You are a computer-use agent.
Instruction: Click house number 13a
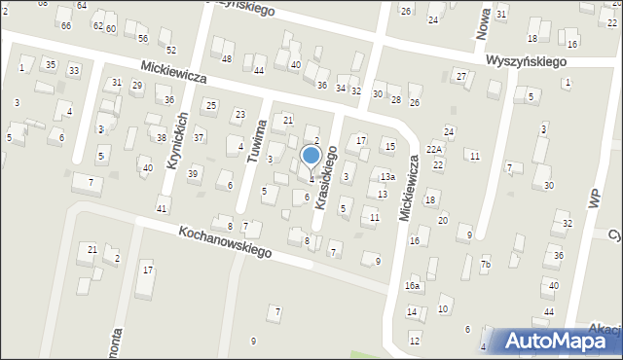[387, 176]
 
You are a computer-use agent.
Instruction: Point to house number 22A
[433, 149]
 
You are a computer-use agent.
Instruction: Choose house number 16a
[413, 286]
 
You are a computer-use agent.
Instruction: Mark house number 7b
[485, 265]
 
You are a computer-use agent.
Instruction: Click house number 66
[65, 25]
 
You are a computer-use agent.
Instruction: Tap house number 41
[163, 209]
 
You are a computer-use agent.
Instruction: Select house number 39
[193, 173]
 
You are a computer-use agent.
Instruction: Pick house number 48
[227, 59]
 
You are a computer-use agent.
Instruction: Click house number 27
[460, 76]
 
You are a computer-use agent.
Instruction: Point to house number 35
[50, 65]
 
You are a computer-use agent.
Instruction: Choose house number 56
[143, 38]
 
